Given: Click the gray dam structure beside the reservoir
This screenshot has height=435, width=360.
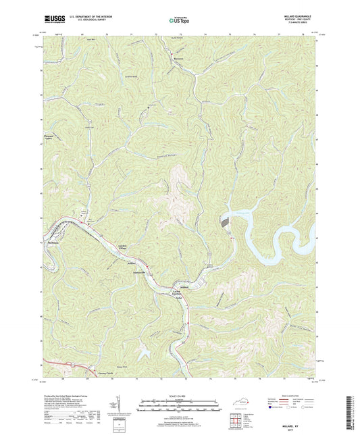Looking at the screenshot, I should [225, 222].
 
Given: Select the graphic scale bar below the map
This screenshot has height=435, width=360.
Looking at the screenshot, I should [180, 406].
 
